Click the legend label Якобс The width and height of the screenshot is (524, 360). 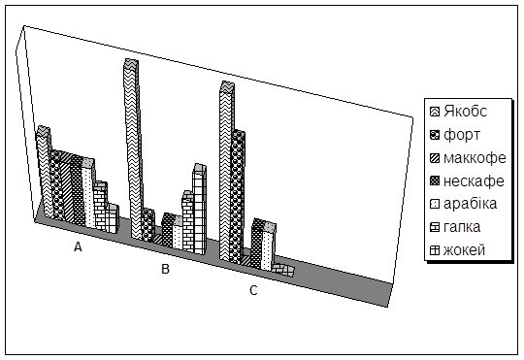[465, 112]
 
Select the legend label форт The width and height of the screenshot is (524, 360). [462, 135]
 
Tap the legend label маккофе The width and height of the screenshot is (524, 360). [475, 158]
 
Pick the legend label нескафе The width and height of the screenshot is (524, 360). [474, 180]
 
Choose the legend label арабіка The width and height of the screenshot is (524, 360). [470, 204]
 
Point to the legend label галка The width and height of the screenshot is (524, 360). [462, 227]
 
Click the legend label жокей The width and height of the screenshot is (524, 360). [464, 250]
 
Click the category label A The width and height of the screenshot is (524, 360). [78, 246]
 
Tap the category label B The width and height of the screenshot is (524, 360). [165, 269]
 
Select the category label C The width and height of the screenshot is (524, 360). [253, 290]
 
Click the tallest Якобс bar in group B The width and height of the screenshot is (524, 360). [132, 148]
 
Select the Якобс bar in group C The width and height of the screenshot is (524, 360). [226, 171]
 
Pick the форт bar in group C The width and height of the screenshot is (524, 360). [238, 197]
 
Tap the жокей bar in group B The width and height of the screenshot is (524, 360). [200, 209]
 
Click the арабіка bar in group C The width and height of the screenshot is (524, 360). [269, 246]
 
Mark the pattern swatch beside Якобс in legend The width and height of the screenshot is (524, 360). [435, 112]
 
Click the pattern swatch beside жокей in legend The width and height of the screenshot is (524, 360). [435, 250]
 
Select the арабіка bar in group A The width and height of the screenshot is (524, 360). [88, 193]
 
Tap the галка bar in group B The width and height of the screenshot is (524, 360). [188, 221]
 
